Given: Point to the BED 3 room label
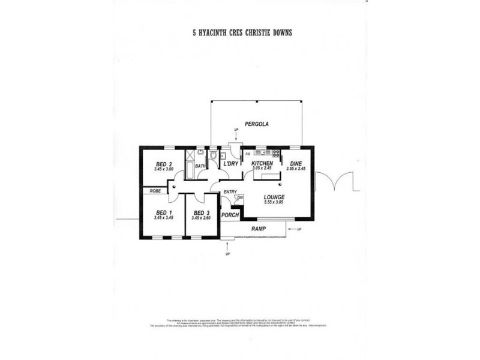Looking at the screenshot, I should [x=200, y=212].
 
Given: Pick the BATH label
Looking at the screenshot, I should [x=200, y=166].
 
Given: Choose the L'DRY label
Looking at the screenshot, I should [x=231, y=164].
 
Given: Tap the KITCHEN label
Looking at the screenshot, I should [x=262, y=163].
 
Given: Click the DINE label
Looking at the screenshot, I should [x=296, y=163].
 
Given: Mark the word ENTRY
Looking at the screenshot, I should [x=230, y=192].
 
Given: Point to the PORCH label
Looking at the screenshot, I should [x=230, y=215].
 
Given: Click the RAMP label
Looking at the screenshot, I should [x=258, y=229].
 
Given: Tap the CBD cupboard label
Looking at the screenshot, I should [x=240, y=198].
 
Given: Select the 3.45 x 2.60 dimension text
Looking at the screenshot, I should [x=200, y=218].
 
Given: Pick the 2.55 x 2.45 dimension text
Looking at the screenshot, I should [x=296, y=169].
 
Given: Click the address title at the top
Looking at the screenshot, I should [x=239, y=34].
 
